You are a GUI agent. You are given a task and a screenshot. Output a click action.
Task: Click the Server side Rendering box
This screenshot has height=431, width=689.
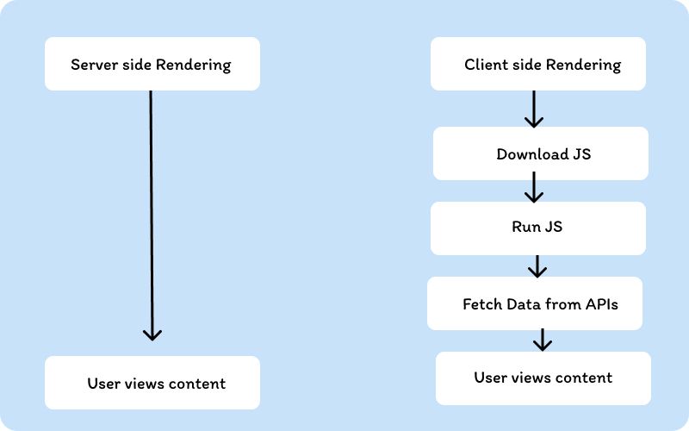pyautogui.click(x=152, y=64)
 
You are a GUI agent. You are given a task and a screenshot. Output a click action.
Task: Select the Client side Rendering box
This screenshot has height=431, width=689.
pyautogui.click(x=538, y=64)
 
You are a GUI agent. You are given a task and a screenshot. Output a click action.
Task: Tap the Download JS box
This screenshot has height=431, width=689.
pyautogui.click(x=540, y=154)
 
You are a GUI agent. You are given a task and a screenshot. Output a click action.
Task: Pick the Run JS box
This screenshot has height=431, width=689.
pyautogui.click(x=537, y=228)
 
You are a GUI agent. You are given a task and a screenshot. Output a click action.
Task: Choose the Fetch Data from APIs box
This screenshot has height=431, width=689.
pyautogui.click(x=535, y=303)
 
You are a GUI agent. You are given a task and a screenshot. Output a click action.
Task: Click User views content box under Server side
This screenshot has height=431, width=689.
pyautogui.click(x=152, y=383)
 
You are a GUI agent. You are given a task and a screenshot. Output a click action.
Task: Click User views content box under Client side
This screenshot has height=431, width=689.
pyautogui.click(x=543, y=378)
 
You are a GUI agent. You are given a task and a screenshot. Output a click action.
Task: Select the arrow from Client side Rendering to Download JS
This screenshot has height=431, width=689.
pyautogui.click(x=534, y=109)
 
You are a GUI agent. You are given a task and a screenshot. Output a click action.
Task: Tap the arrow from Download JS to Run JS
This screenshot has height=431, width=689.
pyautogui.click(x=535, y=186)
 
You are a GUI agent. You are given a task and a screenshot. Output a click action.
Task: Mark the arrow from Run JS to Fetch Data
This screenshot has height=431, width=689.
pyautogui.click(x=537, y=265)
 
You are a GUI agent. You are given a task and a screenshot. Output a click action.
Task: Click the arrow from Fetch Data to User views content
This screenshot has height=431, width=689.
pyautogui.click(x=542, y=340)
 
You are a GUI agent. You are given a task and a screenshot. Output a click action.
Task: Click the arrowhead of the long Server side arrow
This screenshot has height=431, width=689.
pyautogui.click(x=152, y=334)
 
